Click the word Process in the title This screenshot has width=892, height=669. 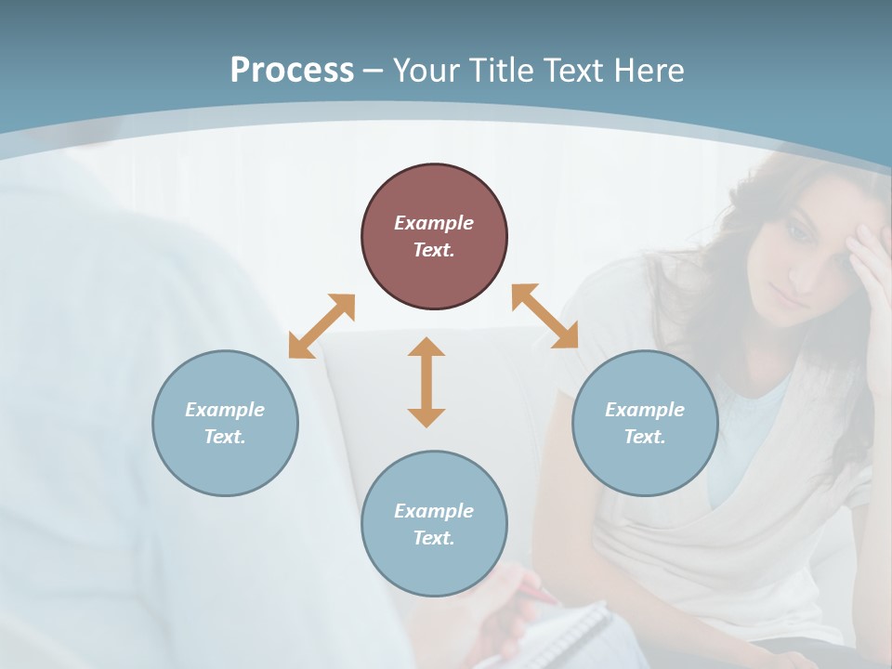tap(292, 71)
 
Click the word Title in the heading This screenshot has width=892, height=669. tap(501, 71)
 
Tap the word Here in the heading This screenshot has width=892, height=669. tap(648, 71)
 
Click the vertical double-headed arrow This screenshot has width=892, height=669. tap(426, 382)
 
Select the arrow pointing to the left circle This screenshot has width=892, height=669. tap(321, 325)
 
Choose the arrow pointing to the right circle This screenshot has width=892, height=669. tap(544, 316)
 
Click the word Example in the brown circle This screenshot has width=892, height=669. tap(434, 223)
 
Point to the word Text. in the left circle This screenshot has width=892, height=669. tap(225, 437)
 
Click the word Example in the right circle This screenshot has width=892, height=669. tap(645, 410)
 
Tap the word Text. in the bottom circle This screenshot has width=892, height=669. tap(434, 538)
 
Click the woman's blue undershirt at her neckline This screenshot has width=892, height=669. tap(743, 437)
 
